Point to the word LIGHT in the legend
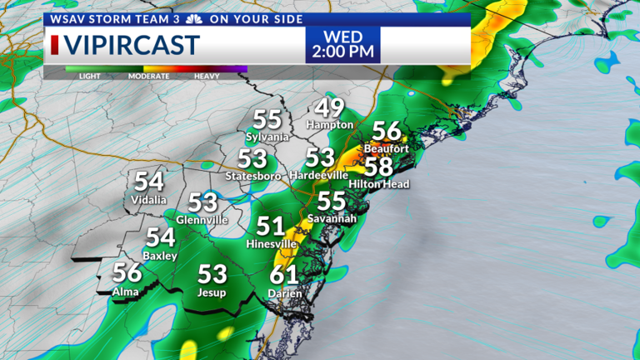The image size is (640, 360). [x=91, y=76]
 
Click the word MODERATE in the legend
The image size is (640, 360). [x=148, y=76]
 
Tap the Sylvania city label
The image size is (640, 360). [x=267, y=136]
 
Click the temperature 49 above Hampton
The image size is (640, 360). [x=330, y=108]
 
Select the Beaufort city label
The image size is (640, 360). [x=387, y=148]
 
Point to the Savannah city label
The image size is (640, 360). [x=332, y=218]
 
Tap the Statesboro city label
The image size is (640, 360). [x=252, y=175]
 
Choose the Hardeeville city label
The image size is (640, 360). [x=320, y=175]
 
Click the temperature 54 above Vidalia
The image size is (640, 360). [x=149, y=182]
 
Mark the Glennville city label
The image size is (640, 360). [x=202, y=219]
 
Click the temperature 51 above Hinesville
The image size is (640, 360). [x=271, y=226]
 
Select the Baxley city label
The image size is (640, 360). [x=160, y=256]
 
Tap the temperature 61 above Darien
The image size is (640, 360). [x=285, y=276]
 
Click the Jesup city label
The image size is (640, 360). [x=212, y=292]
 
